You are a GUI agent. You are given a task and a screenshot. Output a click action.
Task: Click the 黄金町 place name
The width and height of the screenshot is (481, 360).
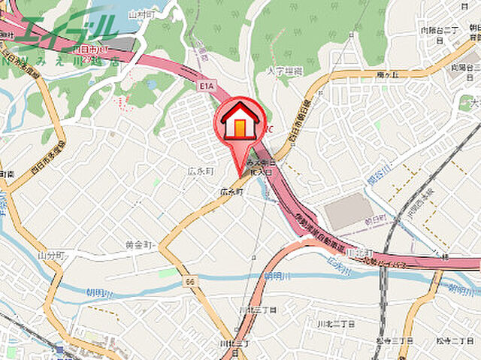[141, 245]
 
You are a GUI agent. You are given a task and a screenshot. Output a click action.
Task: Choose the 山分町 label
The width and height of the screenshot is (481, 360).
[52, 256]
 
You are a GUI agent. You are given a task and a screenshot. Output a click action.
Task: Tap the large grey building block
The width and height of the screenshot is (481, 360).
[348, 211]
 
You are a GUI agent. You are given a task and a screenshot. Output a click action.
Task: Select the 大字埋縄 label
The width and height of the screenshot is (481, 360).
[286, 70]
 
